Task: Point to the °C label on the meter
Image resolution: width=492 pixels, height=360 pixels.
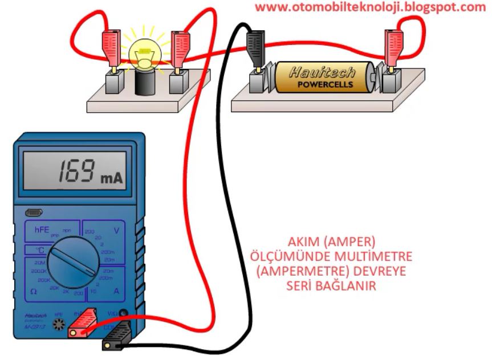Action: point(39,249)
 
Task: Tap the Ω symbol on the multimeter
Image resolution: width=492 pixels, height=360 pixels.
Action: point(34,292)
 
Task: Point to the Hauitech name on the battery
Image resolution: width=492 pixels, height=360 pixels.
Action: point(322,72)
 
